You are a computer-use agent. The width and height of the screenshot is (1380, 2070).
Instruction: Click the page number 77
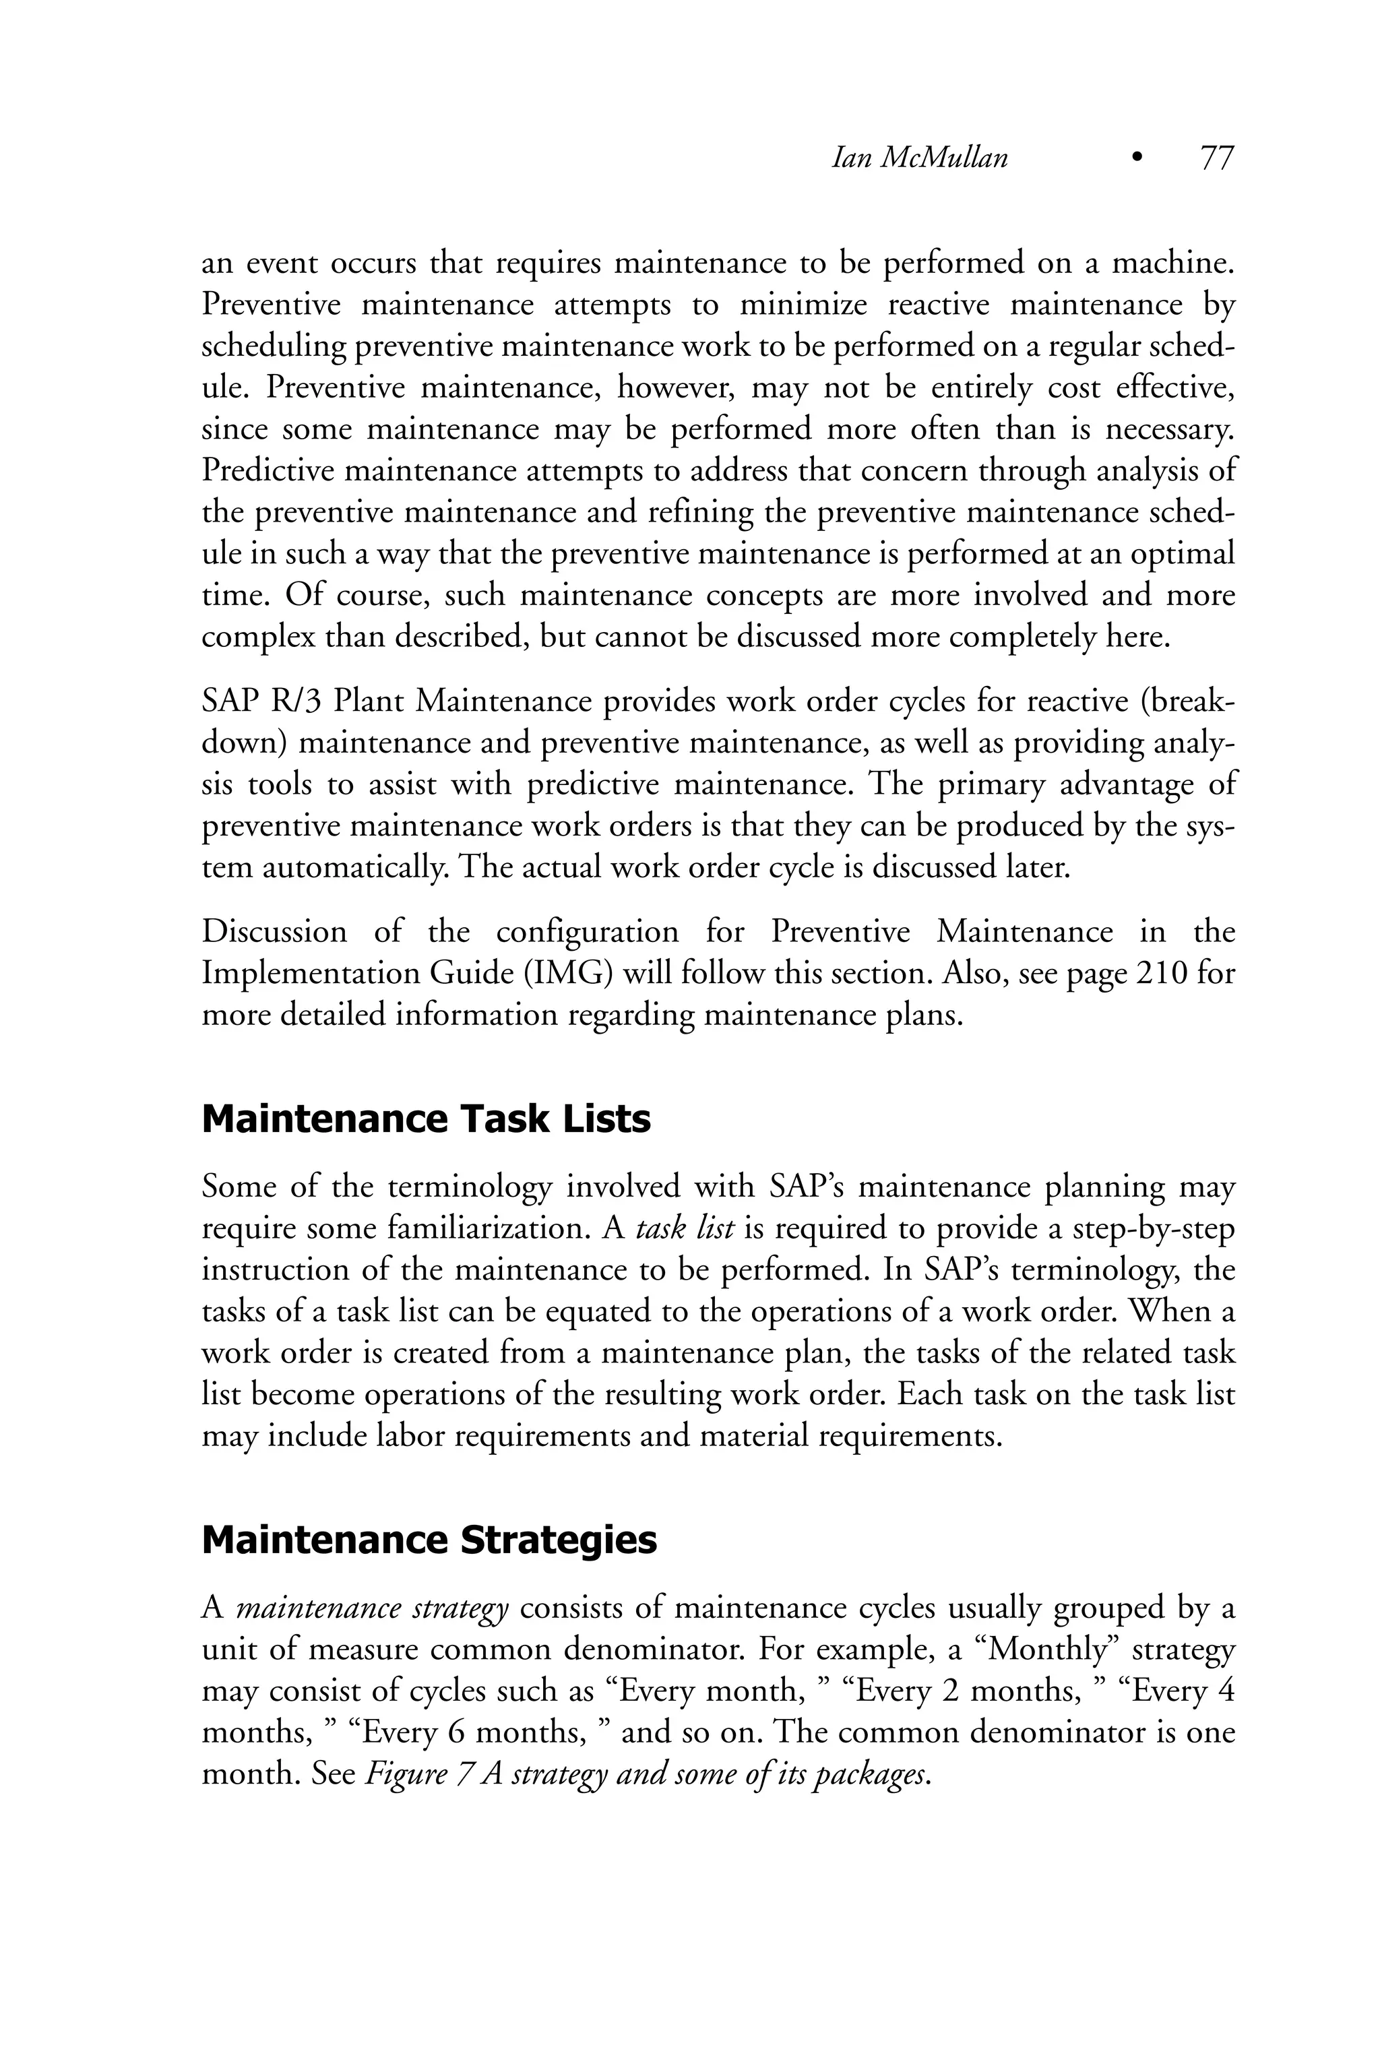click(x=1217, y=158)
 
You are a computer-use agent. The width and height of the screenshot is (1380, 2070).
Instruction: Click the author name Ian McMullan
click(x=920, y=158)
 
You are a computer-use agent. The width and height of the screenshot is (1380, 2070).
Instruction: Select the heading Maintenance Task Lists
click(x=426, y=1119)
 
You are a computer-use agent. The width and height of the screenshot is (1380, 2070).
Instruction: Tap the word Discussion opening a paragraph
click(x=275, y=931)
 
